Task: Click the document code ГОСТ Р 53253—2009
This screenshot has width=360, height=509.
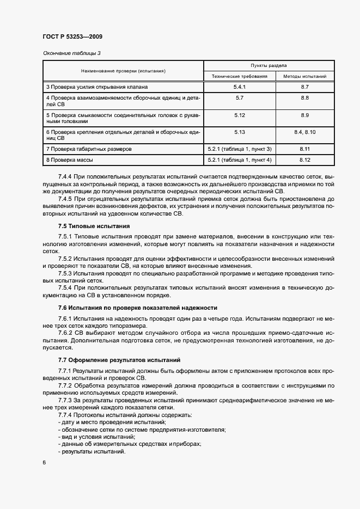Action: click(x=72, y=37)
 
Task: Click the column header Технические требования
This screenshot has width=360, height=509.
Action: click(x=240, y=76)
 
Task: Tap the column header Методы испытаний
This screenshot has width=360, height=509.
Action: click(x=305, y=76)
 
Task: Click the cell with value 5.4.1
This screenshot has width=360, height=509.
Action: click(x=240, y=87)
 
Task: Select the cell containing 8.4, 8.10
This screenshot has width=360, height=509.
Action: click(x=305, y=132)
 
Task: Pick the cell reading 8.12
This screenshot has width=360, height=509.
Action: click(x=305, y=160)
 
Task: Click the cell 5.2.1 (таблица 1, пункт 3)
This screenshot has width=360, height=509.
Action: click(x=240, y=149)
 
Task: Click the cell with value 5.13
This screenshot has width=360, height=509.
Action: click(x=240, y=132)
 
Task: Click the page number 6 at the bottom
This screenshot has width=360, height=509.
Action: click(x=44, y=462)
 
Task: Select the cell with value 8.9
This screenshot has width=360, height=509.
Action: click(x=305, y=115)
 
